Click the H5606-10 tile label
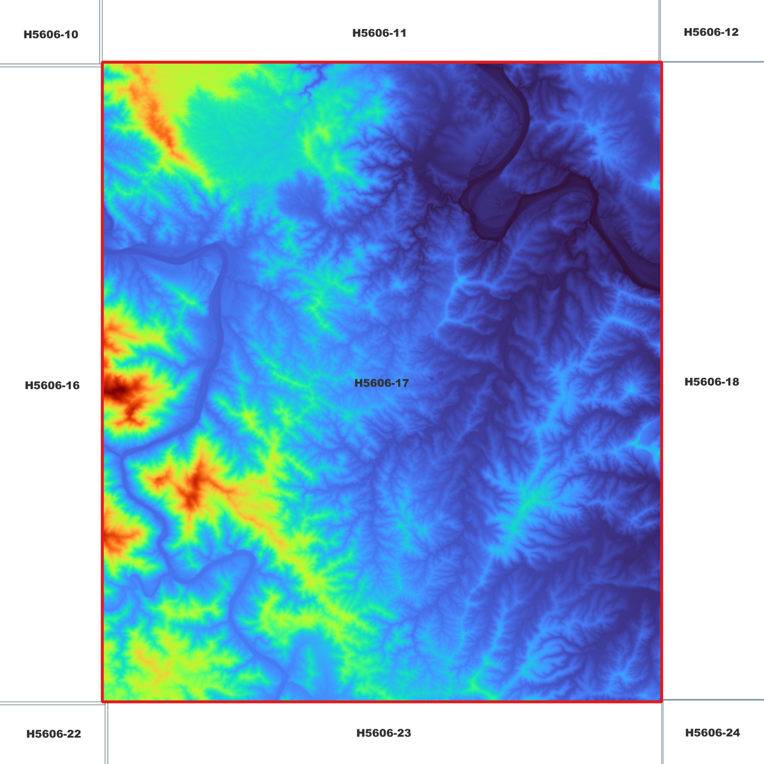(51, 35)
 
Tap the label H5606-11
(379, 33)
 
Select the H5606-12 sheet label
(711, 32)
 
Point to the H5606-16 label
(52, 385)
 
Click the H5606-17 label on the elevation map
(381, 383)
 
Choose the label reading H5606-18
(711, 382)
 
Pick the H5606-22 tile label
(53, 734)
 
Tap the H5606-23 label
(383, 733)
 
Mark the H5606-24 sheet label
(712, 733)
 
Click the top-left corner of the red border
(103, 63)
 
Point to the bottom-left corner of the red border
(103, 702)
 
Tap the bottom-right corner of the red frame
(661, 702)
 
